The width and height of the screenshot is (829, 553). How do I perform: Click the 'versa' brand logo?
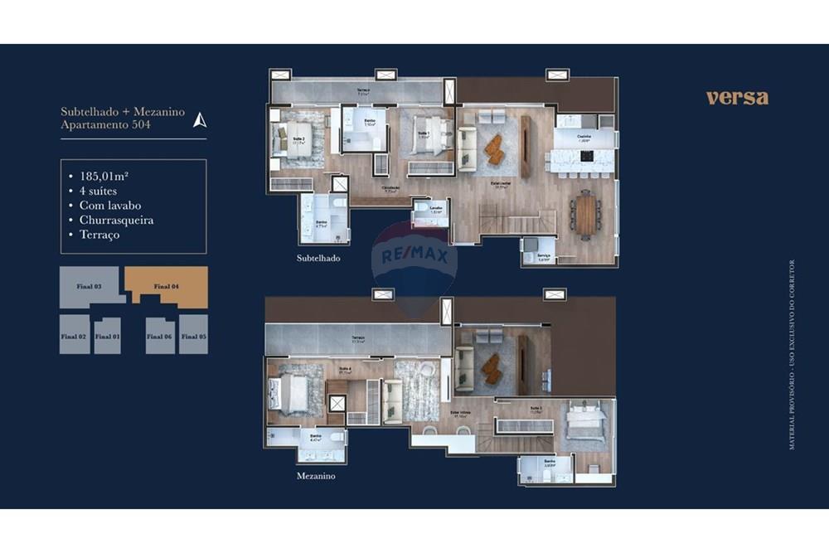(x=737, y=98)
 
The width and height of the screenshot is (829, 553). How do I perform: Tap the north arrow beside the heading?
(x=199, y=119)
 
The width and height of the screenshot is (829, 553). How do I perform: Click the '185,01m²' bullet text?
(x=107, y=176)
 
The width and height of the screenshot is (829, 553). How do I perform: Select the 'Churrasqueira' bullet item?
(x=116, y=220)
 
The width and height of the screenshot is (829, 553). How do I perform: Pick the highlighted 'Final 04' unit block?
(x=167, y=286)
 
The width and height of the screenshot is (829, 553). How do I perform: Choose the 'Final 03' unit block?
(x=90, y=286)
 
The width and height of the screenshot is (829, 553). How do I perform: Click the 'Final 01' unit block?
(x=107, y=336)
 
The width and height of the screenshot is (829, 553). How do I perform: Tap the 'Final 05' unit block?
(x=193, y=336)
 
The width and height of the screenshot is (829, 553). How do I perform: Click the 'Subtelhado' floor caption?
(x=318, y=258)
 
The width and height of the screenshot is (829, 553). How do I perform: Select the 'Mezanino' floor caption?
(x=316, y=477)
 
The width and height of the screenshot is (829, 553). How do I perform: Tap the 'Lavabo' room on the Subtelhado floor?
(x=429, y=212)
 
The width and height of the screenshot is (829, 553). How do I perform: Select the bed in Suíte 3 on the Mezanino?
(x=587, y=425)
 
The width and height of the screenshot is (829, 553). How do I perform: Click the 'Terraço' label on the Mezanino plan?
(x=358, y=338)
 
